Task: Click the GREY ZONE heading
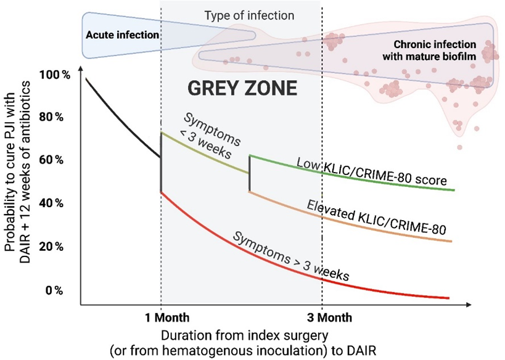pos(242,88)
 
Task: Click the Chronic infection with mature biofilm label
pos(434,50)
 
